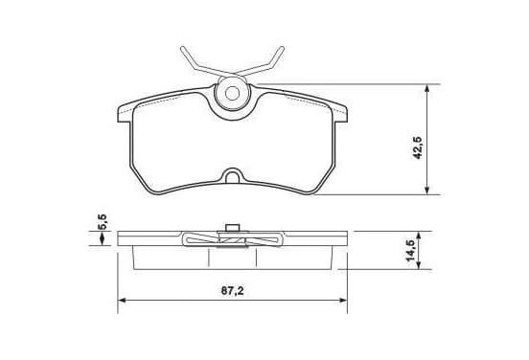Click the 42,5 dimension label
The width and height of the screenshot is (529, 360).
pyautogui.click(x=418, y=147)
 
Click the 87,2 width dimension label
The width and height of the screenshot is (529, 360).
pyautogui.click(x=233, y=290)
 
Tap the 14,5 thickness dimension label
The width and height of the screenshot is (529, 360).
pyautogui.click(x=410, y=251)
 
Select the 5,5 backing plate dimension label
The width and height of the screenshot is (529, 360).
pyautogui.click(x=103, y=222)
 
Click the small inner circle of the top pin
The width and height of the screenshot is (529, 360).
pyautogui.click(x=232, y=94)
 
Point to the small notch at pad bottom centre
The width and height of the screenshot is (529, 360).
pyautogui.click(x=232, y=176)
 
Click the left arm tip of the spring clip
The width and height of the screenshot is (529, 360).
pyautogui.click(x=182, y=48)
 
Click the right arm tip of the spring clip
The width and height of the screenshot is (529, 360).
pyautogui.click(x=282, y=48)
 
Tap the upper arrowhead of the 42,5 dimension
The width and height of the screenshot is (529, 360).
pyautogui.click(x=427, y=88)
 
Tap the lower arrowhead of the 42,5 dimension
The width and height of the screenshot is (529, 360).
pyautogui.click(x=427, y=191)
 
